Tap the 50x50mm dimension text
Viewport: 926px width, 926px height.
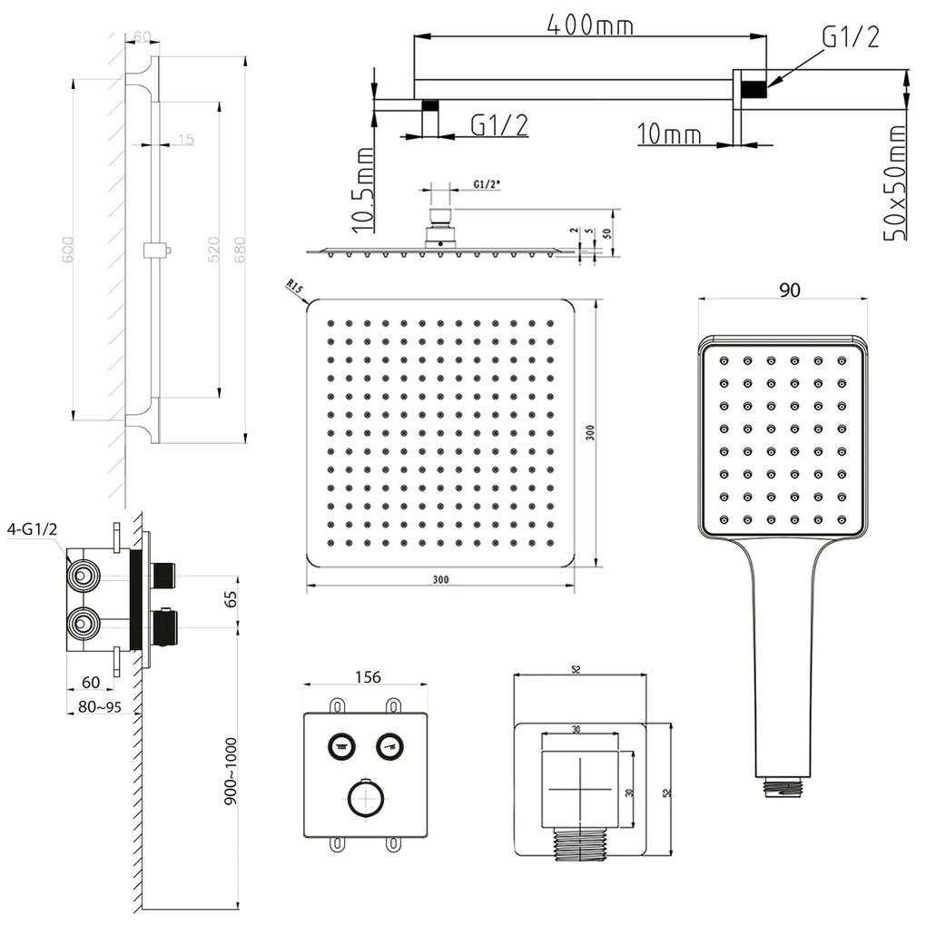[896, 182]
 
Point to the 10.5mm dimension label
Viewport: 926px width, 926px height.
[363, 191]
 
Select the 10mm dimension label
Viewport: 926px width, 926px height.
[669, 135]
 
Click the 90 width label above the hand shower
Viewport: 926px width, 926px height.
[790, 290]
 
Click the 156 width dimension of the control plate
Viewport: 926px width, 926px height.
[367, 676]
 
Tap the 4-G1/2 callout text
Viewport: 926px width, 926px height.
[32, 528]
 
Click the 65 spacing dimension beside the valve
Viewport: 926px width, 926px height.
[230, 599]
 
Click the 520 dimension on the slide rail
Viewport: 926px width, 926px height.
[214, 250]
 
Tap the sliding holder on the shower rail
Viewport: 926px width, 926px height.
[156, 249]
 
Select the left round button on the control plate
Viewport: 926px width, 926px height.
[342, 746]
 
